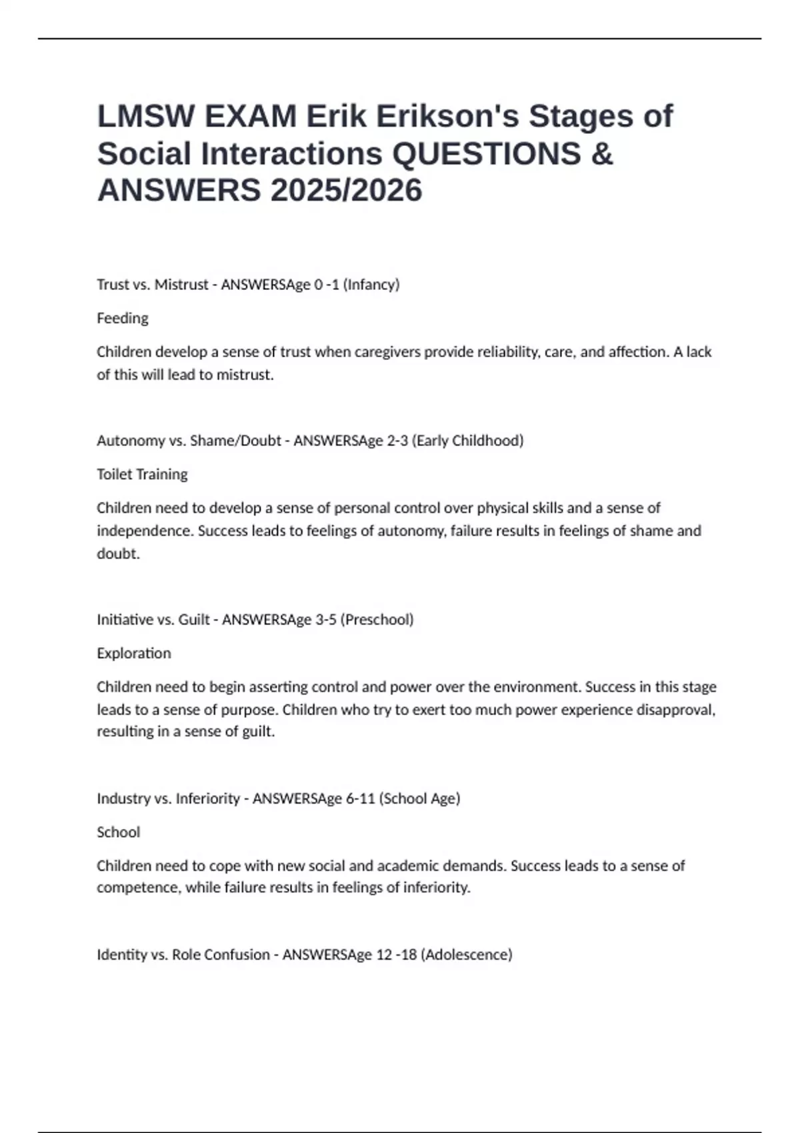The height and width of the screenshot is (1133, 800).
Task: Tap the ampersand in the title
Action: pyautogui.click(x=601, y=154)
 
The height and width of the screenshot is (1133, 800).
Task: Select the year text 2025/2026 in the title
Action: pyautogui.click(x=346, y=191)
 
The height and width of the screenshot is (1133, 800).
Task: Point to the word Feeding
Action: pyautogui.click(x=123, y=319)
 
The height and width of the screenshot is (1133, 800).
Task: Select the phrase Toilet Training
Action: pyautogui.click(x=142, y=475)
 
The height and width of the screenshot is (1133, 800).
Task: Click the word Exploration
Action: pyautogui.click(x=134, y=653)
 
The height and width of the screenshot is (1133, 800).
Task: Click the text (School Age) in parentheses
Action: pyautogui.click(x=419, y=798)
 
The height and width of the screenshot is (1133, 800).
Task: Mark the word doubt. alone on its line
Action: pyautogui.click(x=118, y=554)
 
